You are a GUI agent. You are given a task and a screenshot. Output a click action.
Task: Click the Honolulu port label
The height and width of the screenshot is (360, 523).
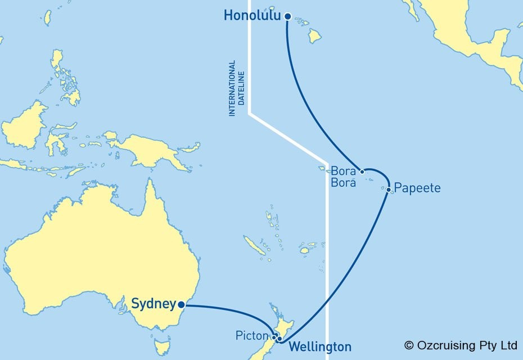coord(253,16)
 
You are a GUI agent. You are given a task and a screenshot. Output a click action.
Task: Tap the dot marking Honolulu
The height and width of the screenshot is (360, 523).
coord(288,17)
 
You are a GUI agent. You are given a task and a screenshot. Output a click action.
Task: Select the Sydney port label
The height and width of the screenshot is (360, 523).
coord(152,304)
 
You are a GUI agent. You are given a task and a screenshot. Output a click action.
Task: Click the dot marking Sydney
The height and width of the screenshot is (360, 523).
coord(181,305)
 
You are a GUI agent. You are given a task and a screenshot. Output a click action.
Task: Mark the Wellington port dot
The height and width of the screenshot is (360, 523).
coord(279,339)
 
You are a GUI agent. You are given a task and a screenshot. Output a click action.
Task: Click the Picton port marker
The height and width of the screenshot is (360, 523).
coord(274,337)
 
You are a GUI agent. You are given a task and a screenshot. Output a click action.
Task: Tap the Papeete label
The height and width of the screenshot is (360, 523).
coord(417,188)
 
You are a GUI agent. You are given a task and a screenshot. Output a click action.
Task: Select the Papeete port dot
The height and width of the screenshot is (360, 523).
coord(389,190)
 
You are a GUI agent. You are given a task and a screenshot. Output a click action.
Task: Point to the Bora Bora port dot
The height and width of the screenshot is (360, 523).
coord(362,172)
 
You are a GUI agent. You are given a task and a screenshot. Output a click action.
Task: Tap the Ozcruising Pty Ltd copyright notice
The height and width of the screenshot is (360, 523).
coord(461,345)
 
